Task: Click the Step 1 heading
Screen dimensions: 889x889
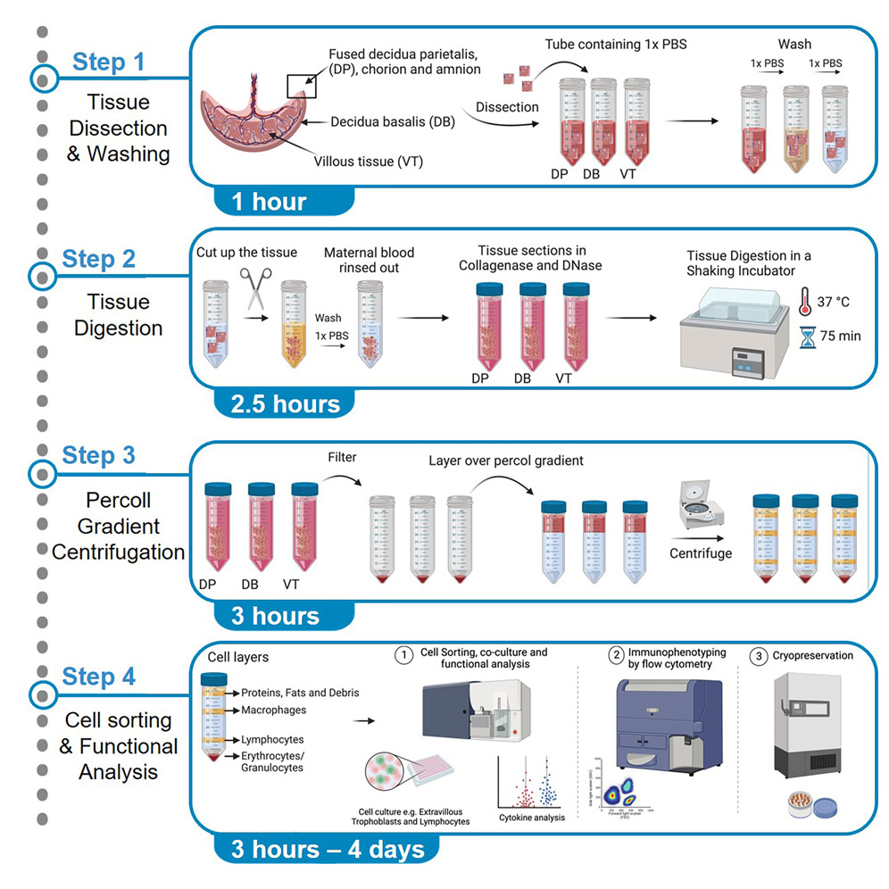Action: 108,62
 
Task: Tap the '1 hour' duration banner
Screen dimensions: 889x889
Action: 269,202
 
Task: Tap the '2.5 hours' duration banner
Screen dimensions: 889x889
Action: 285,403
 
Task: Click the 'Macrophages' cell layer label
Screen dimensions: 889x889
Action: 275,710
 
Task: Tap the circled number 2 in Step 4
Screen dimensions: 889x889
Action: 616,655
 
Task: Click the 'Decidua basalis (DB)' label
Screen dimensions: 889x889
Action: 393,122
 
